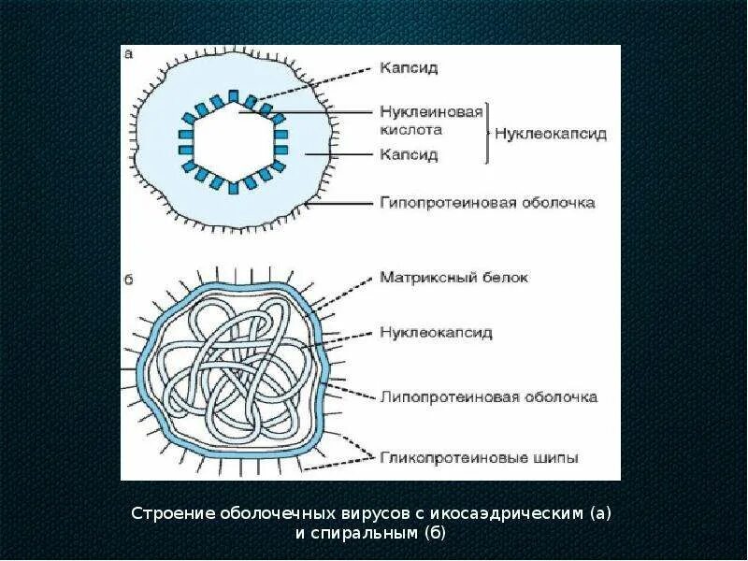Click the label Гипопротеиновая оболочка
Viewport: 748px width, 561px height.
(487, 202)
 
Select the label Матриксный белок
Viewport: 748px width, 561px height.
(454, 278)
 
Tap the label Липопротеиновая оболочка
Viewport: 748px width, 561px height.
(488, 396)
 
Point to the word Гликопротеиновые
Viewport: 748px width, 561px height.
(444, 457)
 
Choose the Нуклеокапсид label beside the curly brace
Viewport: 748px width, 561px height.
(551, 134)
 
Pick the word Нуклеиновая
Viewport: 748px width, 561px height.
(431, 111)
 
